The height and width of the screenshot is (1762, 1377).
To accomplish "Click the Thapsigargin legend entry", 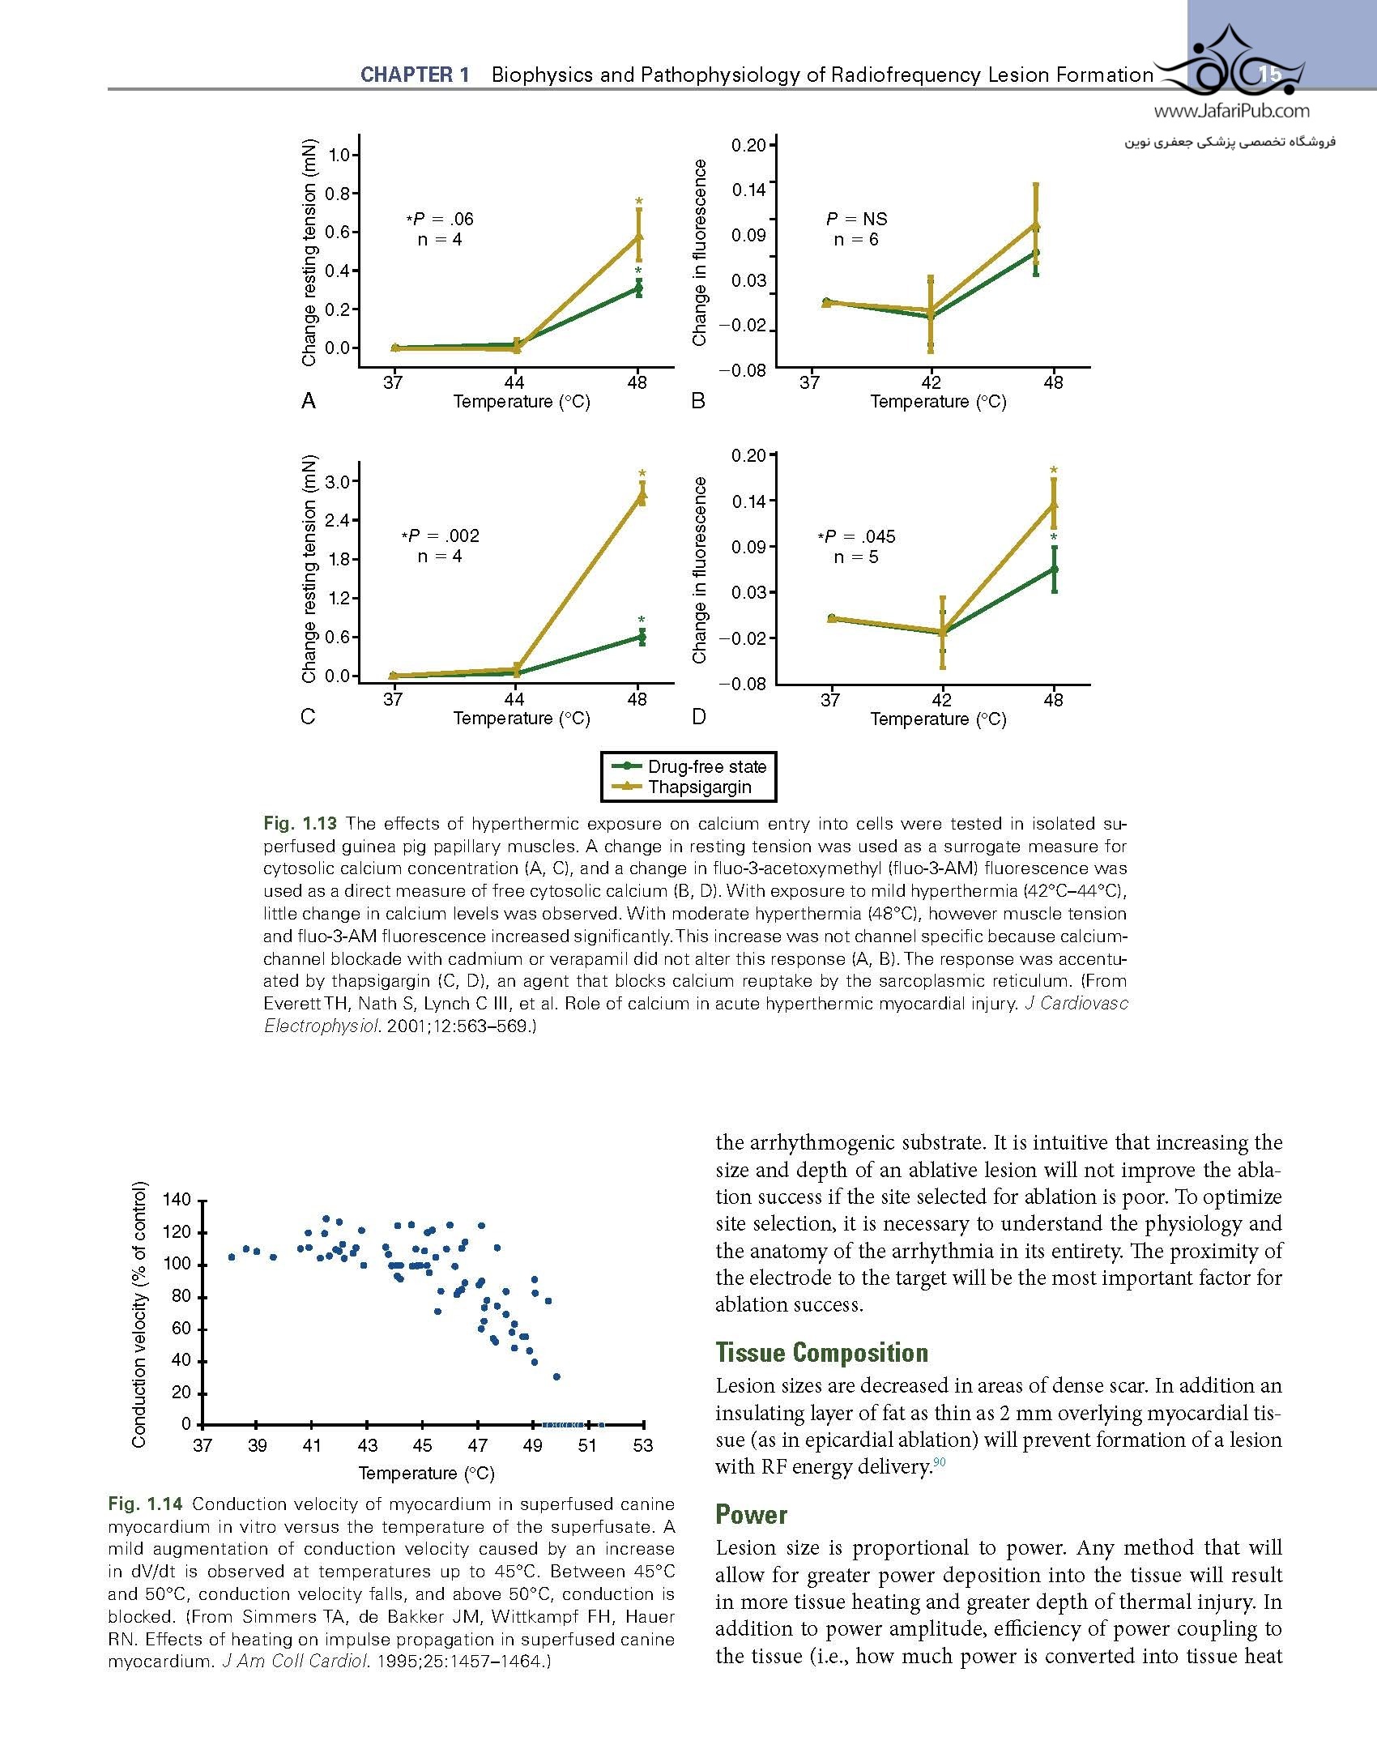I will (x=699, y=787).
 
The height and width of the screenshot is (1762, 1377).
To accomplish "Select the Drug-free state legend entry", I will (x=706, y=766).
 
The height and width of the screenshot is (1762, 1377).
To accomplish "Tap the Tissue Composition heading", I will (x=821, y=1352).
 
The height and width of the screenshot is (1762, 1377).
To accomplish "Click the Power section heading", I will (x=751, y=1514).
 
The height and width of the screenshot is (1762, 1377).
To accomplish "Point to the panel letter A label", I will (x=308, y=401).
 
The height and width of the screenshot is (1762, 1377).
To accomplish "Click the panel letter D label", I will (x=699, y=718).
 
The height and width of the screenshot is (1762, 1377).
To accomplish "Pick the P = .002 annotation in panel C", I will (x=441, y=535).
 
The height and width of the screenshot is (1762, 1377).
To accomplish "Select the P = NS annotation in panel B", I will (x=856, y=219).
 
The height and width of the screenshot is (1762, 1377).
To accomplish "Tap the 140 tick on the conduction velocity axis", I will (x=177, y=1200).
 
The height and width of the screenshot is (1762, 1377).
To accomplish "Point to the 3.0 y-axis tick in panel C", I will (x=336, y=482).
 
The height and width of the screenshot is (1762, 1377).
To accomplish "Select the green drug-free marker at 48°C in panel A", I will (x=639, y=288).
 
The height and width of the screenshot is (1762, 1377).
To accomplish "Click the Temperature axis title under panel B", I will (x=938, y=402).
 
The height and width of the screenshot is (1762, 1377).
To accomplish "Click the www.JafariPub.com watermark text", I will (x=1231, y=112).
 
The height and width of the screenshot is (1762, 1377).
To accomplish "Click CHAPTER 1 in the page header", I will (x=415, y=75).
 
